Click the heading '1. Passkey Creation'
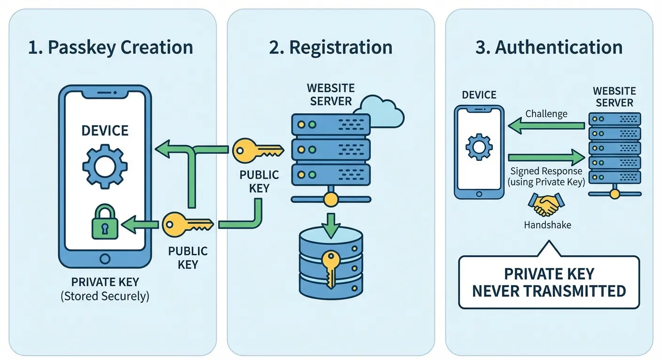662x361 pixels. (x=110, y=47)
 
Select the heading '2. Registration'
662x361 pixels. (x=331, y=47)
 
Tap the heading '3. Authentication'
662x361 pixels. (x=549, y=47)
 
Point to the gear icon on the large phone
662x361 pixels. (x=104, y=165)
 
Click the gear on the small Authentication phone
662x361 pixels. (x=479, y=147)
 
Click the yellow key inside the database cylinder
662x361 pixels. (x=330, y=267)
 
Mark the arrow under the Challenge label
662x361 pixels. (x=546, y=126)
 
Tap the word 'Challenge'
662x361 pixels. (x=546, y=114)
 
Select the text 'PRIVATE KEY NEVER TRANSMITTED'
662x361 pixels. (x=549, y=282)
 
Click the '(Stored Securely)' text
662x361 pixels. (x=105, y=297)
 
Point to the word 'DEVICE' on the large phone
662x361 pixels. (x=105, y=130)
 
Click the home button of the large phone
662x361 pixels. (x=105, y=259)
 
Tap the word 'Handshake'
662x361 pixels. (x=547, y=225)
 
